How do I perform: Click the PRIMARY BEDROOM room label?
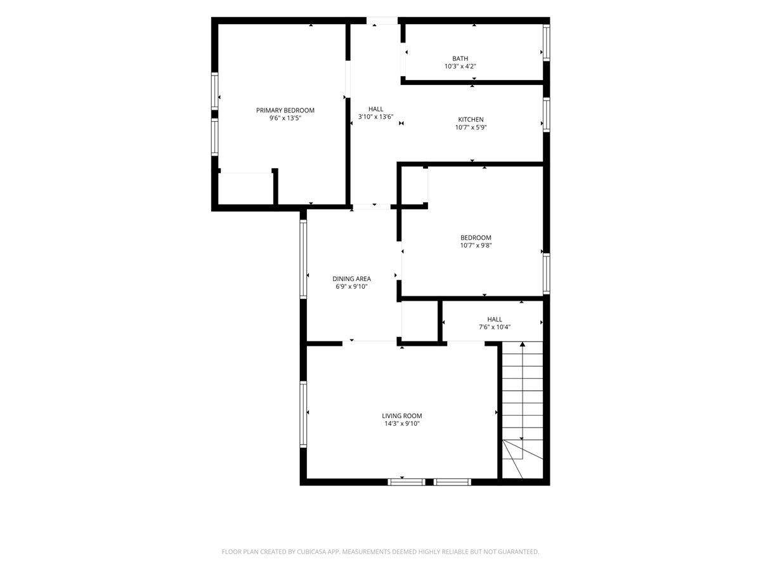pos(285,110)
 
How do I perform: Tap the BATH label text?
pos(460,58)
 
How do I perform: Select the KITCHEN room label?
pos(471,120)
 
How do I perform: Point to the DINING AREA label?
pos(351,279)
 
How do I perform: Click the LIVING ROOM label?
pos(402,416)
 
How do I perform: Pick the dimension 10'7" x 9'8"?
pos(476,246)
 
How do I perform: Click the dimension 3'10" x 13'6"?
pos(375,117)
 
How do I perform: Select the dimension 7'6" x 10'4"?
pos(495,327)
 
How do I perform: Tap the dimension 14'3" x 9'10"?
pos(402,424)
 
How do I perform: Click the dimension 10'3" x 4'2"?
pos(460,66)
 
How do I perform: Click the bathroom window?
pos(546,43)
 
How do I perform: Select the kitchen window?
pos(546,115)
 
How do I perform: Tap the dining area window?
pos(303,259)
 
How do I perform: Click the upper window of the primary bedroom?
pos(214,91)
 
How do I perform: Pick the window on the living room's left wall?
pos(303,414)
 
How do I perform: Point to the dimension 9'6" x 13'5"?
pos(285,118)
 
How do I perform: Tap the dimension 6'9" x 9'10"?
pos(351,287)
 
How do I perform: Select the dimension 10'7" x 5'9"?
pos(471,128)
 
